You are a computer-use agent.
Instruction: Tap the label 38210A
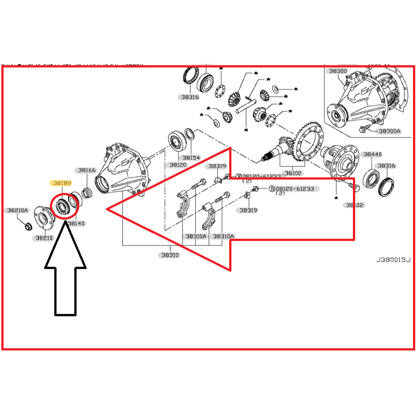click(x=17, y=210)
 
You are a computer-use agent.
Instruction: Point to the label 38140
click(x=76, y=223)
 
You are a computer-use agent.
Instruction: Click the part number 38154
click(x=191, y=158)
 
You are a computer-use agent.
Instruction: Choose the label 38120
click(x=177, y=165)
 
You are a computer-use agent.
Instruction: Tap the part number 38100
click(x=293, y=173)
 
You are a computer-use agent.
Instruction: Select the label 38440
click(x=372, y=154)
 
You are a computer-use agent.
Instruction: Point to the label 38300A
click(x=390, y=131)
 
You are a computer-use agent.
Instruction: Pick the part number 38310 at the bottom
click(x=170, y=255)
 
